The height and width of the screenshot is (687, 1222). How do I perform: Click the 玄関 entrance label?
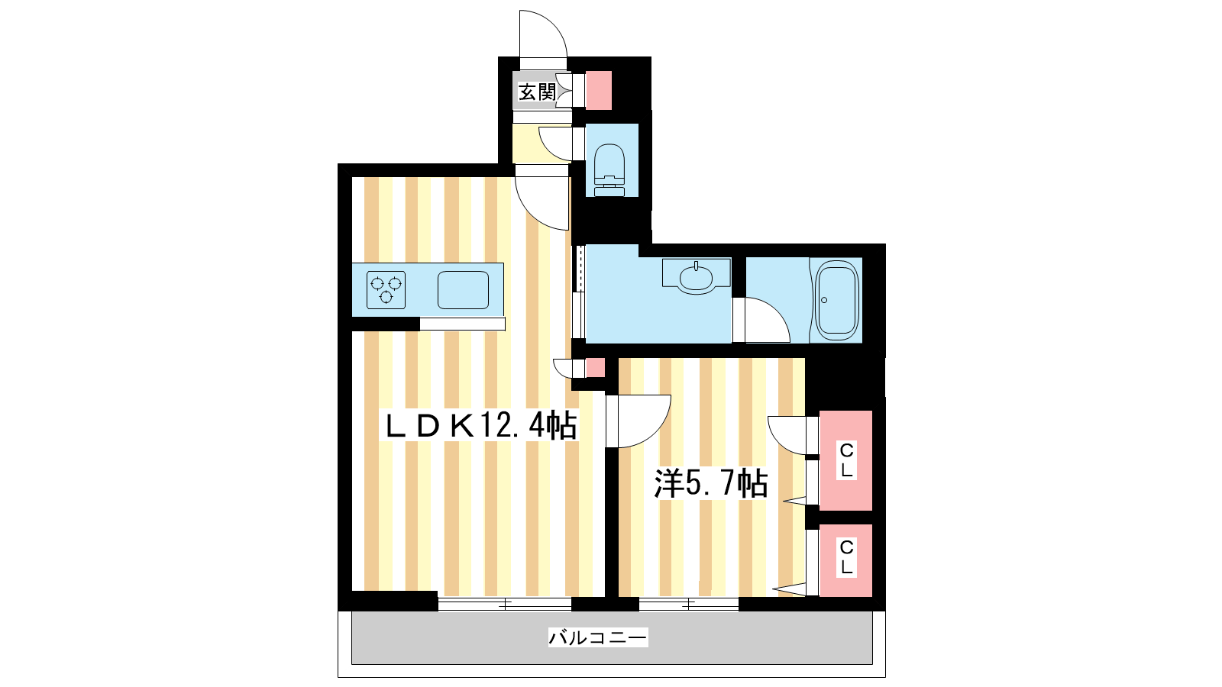click(x=537, y=92)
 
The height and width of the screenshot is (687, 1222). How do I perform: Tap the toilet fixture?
click(x=609, y=169)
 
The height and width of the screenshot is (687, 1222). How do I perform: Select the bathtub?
click(x=836, y=301)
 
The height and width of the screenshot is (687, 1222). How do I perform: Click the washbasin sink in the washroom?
click(x=696, y=276)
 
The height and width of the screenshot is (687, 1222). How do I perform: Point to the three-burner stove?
click(x=386, y=290)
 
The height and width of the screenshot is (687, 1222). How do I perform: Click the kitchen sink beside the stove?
click(x=463, y=290)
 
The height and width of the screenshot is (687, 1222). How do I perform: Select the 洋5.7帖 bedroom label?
click(x=711, y=483)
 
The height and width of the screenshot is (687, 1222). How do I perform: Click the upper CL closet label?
click(x=846, y=461)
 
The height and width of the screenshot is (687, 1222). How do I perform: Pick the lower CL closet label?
click(x=846, y=557)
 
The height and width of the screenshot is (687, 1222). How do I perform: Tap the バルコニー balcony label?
click(x=598, y=637)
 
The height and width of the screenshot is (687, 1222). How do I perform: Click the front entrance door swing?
click(x=543, y=34)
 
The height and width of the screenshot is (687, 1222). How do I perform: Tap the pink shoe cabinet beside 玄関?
click(x=598, y=91)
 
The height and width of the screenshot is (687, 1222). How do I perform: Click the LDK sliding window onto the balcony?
click(x=505, y=604)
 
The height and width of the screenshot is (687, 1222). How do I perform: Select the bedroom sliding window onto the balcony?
click(x=688, y=604)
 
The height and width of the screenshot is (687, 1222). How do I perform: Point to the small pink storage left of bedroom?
click(x=595, y=367)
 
